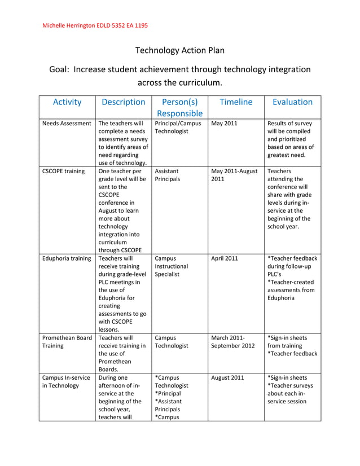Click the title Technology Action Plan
(x=180, y=50)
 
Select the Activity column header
(x=67, y=102)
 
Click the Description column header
(x=123, y=102)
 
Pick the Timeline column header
(x=236, y=102)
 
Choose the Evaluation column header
(x=292, y=102)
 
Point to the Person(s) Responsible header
(x=179, y=108)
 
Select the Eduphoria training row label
(x=67, y=258)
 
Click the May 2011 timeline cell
(x=224, y=123)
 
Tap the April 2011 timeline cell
(x=225, y=258)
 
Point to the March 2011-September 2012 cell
(x=233, y=342)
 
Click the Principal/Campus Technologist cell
(x=178, y=128)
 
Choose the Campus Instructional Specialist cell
(x=172, y=266)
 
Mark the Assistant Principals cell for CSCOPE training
(x=168, y=175)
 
